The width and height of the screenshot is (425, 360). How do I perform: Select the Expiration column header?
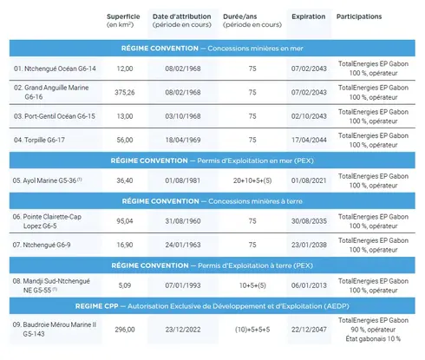308,16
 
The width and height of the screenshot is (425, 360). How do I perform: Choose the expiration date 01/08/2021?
308,180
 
